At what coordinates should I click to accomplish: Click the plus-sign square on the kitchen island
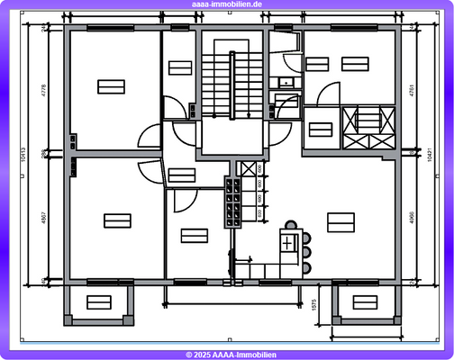point(288,243)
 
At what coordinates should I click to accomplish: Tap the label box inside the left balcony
point(98,301)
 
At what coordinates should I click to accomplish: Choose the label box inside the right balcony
point(367,301)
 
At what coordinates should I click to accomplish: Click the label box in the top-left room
point(111,85)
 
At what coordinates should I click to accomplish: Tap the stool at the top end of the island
point(290,226)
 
